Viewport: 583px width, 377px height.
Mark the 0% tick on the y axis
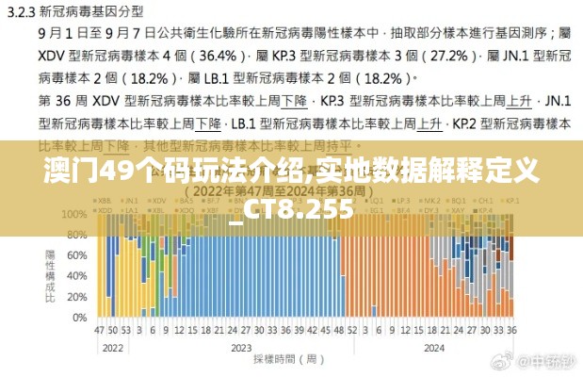click(x=79, y=317)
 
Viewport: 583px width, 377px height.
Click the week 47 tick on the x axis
click(x=99, y=331)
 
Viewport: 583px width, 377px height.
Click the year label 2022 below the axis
click(x=113, y=348)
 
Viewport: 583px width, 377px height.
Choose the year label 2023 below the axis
click(x=239, y=348)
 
